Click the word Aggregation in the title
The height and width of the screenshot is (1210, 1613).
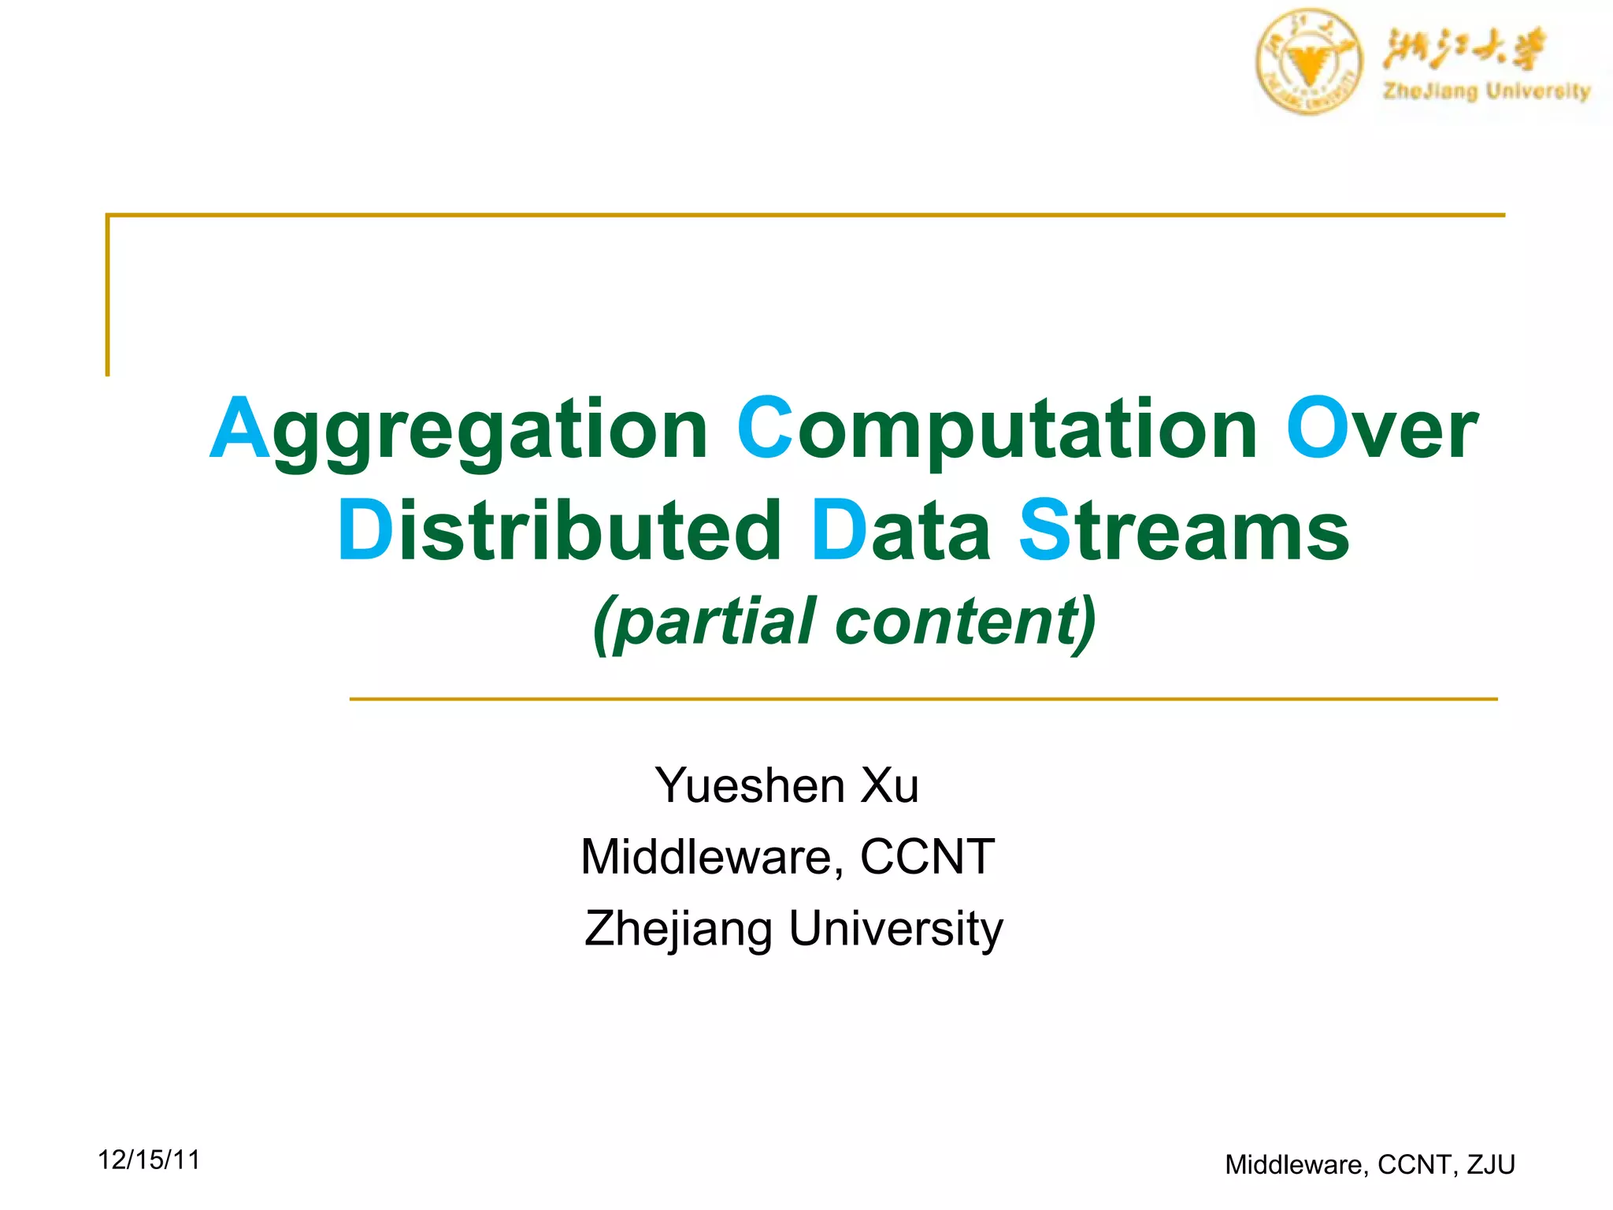click(458, 429)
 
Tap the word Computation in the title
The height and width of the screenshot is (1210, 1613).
click(996, 429)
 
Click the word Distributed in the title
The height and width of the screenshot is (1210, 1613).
click(559, 531)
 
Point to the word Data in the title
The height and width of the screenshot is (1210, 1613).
click(900, 531)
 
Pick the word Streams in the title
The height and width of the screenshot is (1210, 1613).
click(1184, 531)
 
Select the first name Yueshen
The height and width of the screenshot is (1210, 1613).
click(750, 785)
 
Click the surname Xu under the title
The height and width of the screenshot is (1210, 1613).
click(889, 785)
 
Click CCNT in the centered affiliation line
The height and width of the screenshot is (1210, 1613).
click(927, 856)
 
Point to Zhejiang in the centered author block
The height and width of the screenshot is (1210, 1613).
click(678, 929)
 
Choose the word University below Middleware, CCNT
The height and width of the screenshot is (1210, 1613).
click(895, 929)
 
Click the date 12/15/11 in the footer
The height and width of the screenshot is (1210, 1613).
click(149, 1160)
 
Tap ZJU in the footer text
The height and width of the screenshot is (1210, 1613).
click(1491, 1164)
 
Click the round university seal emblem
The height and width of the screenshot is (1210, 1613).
click(1308, 62)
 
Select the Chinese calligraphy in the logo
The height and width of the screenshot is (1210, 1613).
click(1463, 49)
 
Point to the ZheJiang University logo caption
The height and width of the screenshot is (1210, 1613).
click(1487, 91)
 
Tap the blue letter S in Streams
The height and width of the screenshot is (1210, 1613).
click(1045, 531)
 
